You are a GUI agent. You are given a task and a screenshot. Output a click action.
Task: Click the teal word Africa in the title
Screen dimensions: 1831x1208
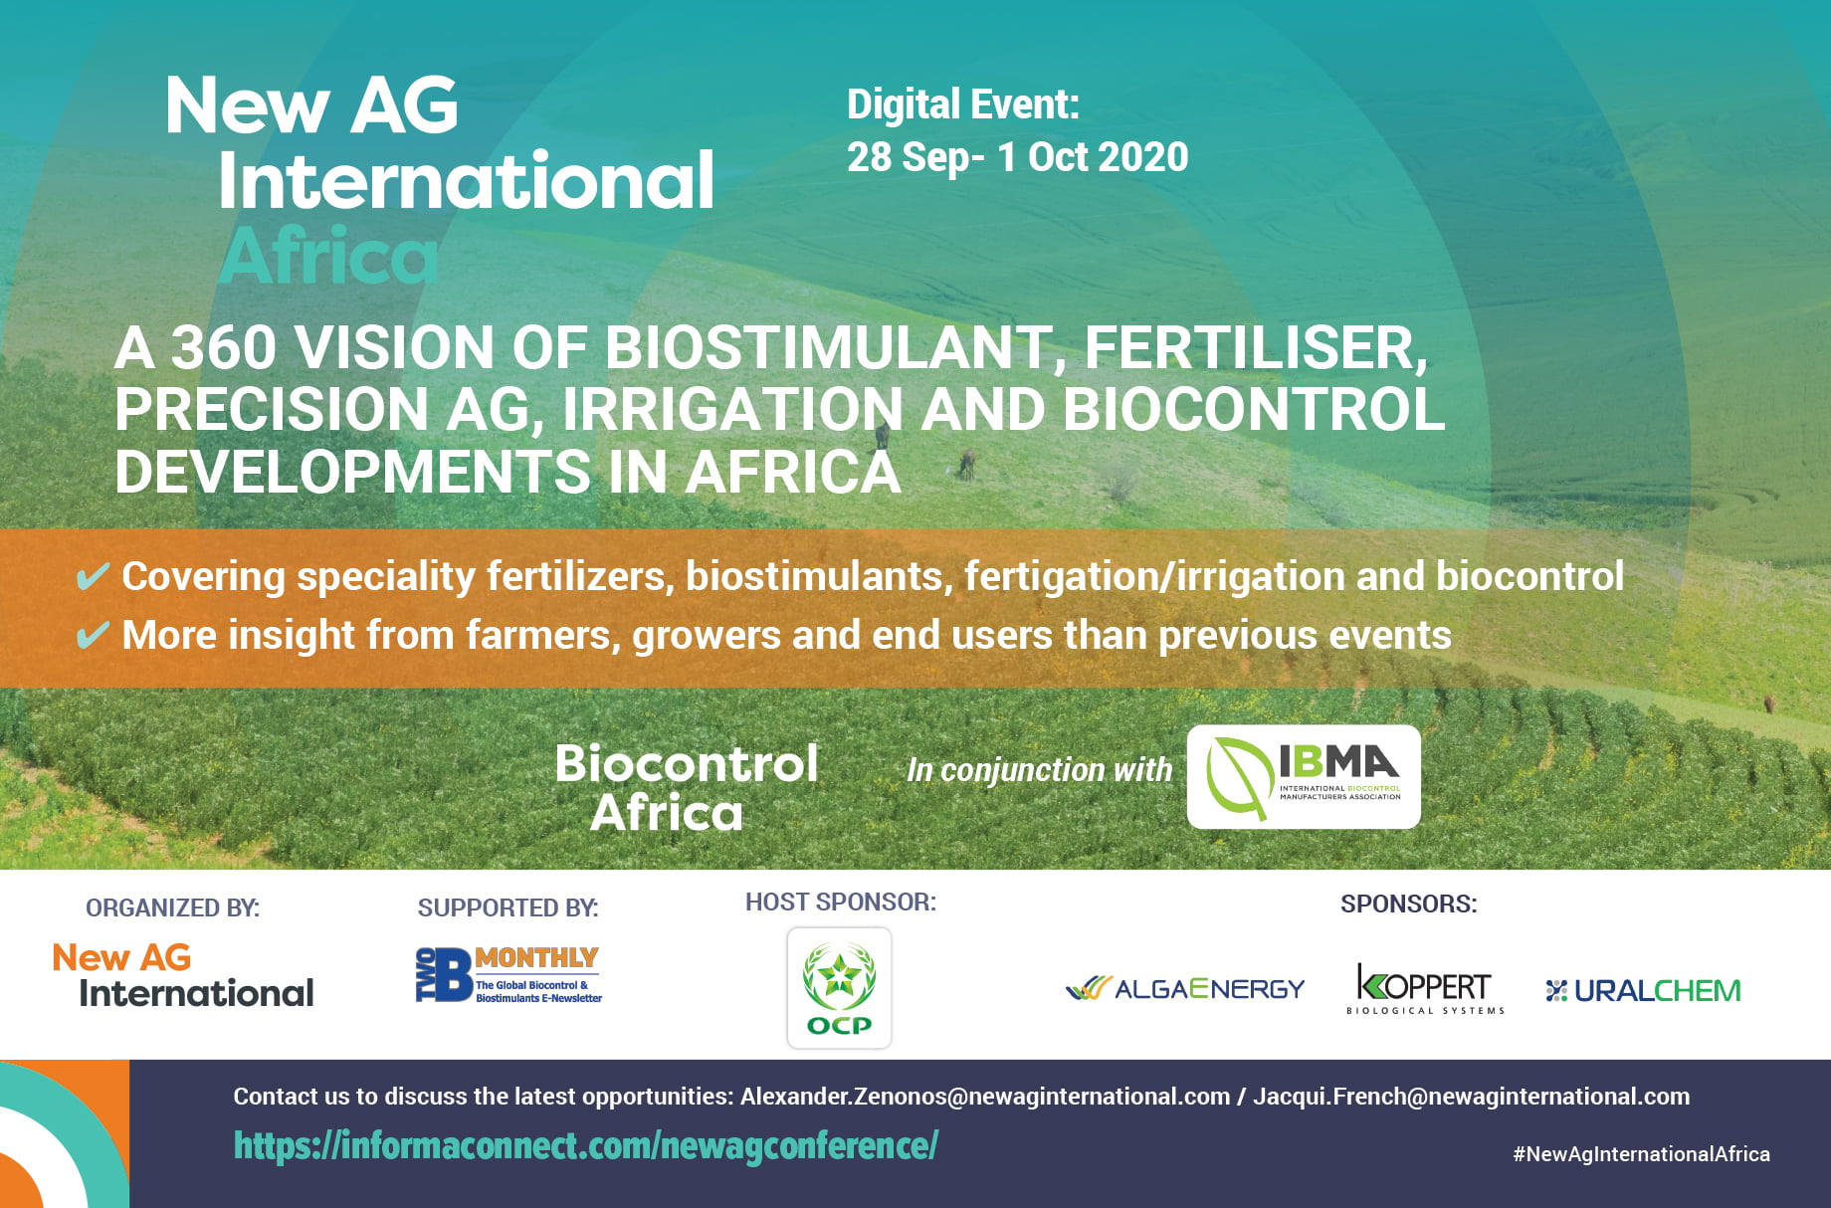pos(328,256)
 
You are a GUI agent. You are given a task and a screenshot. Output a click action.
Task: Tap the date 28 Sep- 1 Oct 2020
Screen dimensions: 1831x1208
pos(1017,157)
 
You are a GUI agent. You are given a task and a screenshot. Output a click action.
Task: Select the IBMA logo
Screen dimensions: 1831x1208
pos(1304,777)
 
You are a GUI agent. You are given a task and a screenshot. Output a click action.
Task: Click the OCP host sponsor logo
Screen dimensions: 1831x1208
pos(839,988)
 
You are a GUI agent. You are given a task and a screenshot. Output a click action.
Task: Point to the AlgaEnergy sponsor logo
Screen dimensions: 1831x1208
pos(1184,988)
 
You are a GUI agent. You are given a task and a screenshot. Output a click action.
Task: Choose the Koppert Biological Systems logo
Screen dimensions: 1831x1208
pos(1425,988)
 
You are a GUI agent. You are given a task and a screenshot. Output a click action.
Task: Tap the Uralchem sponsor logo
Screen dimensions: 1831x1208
pos(1643,990)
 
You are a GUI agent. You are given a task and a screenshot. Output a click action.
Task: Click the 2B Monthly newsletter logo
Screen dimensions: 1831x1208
pos(509,974)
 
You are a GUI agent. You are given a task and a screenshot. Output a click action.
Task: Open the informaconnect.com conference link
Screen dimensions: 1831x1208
pos(586,1146)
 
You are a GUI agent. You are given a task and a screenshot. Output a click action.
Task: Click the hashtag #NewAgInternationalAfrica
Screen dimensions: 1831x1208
pos(1642,1154)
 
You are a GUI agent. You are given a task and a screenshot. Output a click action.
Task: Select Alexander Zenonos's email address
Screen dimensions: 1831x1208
pos(985,1097)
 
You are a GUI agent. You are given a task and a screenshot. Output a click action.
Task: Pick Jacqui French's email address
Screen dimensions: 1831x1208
pos(1471,1097)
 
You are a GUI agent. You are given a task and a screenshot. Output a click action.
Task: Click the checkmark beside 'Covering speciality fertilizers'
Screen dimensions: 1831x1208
pos(93,576)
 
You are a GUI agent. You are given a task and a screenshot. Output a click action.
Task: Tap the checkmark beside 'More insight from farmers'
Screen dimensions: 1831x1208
pos(93,635)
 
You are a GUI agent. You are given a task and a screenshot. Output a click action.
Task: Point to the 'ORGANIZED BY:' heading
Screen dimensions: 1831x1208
pos(172,907)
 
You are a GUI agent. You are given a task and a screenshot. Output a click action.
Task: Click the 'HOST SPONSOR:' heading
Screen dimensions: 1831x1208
pos(841,902)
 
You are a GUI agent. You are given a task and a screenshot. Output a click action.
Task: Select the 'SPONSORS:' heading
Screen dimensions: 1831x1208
pos(1409,904)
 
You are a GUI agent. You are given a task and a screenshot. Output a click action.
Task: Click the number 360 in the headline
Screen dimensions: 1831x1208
pos(223,347)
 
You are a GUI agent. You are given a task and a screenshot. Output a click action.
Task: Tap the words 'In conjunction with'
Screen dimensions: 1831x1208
pos(1040,770)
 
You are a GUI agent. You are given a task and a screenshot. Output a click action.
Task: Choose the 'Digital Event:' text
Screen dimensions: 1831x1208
pos(963,104)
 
